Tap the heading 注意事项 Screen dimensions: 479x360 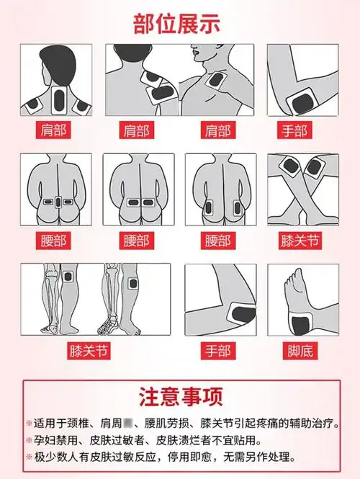coord(180,396)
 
